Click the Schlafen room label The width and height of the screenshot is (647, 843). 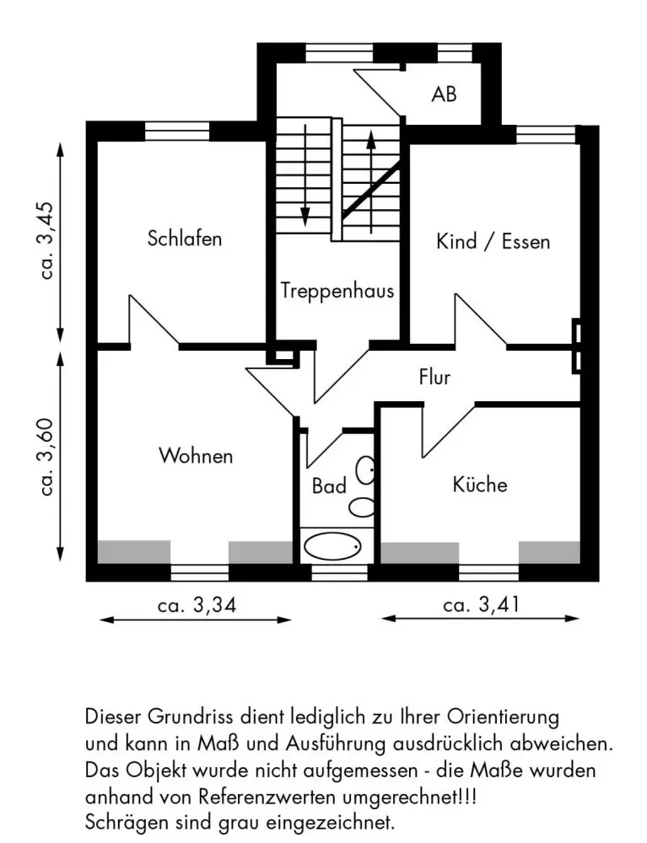[185, 239]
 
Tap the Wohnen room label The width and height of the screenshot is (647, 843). [196, 456]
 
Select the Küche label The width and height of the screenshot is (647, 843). [480, 485]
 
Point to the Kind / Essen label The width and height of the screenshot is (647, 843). [493, 241]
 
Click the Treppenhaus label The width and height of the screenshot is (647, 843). [337, 291]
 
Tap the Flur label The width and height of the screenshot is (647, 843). [434, 377]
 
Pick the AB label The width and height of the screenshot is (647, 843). [444, 94]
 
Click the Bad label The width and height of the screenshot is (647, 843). [329, 486]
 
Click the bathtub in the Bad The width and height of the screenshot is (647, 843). [332, 546]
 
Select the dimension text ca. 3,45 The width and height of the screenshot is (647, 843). [47, 240]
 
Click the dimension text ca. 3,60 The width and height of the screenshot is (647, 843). [47, 457]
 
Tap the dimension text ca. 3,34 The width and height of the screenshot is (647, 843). [197, 606]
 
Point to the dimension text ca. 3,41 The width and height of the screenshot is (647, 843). [482, 604]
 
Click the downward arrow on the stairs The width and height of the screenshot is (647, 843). [305, 175]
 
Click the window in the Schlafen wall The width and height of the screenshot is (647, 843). [177, 132]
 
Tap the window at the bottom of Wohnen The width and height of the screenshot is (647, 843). [200, 572]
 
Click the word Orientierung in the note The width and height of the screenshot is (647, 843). [503, 717]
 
